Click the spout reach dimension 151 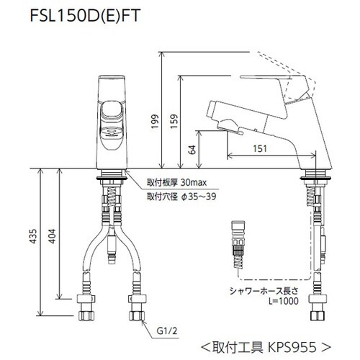[x=261, y=148]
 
